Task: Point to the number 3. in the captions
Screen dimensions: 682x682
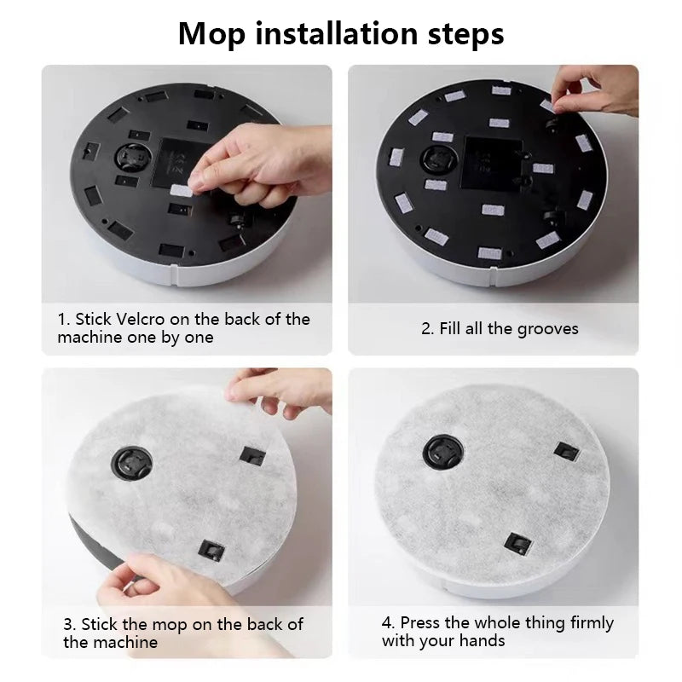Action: pyautogui.click(x=70, y=624)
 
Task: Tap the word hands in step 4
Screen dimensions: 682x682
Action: pyautogui.click(x=482, y=641)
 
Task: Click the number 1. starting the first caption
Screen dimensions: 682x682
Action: pyautogui.click(x=64, y=320)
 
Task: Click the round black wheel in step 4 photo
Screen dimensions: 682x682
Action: pyautogui.click(x=443, y=451)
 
